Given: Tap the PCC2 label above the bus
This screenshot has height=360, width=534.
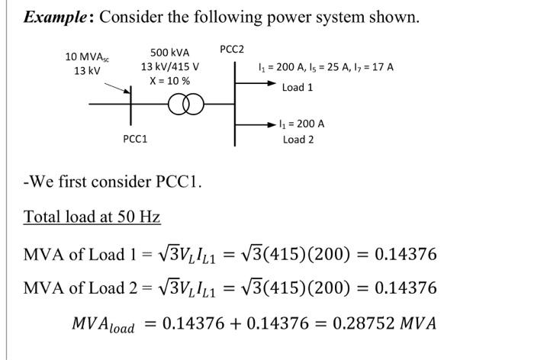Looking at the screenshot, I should tap(232, 50).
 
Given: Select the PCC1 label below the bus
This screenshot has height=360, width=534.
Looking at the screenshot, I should tap(135, 139).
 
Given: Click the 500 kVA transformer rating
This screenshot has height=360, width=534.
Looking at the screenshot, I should tap(169, 53).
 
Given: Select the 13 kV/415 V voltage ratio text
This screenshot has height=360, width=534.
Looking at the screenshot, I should tap(169, 66).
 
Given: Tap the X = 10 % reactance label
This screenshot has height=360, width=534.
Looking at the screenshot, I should tap(169, 80).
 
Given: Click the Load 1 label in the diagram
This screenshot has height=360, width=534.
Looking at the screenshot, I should tap(298, 88).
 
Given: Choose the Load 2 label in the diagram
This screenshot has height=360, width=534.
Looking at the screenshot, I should tap(298, 139).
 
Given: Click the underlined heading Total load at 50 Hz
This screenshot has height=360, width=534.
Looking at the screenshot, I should tap(92, 217).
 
